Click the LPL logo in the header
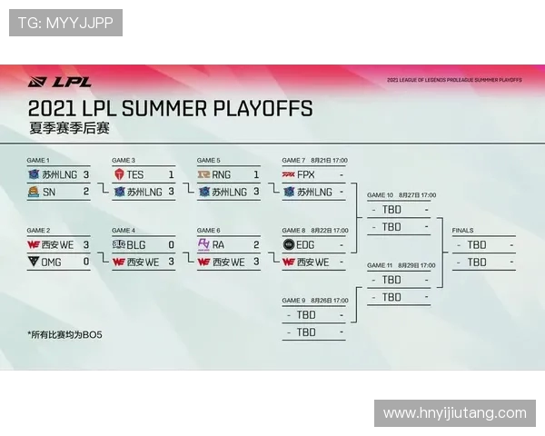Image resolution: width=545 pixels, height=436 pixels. pyautogui.click(x=60, y=81)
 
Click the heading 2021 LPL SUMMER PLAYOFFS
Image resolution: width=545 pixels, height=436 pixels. pyautogui.click(x=170, y=109)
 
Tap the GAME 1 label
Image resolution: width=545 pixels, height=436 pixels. pyautogui.click(x=39, y=160)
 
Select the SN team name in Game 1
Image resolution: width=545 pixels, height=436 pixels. pyautogui.click(x=48, y=192)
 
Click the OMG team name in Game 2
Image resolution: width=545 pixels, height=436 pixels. pyautogui.click(x=53, y=262)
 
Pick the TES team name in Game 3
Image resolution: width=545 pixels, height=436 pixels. pyautogui.click(x=135, y=174)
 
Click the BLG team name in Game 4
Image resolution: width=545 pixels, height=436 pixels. pyautogui.click(x=135, y=244)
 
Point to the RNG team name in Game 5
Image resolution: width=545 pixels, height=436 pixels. pyautogui.click(x=221, y=174)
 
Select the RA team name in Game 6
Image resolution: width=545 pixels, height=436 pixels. pyautogui.click(x=218, y=244)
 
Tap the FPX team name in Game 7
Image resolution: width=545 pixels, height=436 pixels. pyautogui.click(x=306, y=174)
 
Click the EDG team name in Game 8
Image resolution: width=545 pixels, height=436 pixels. pyautogui.click(x=307, y=244)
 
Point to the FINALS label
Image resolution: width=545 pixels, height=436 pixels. pyautogui.click(x=462, y=231)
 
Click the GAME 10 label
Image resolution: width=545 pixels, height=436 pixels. pyautogui.click(x=380, y=195)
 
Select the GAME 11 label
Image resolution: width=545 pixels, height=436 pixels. pyautogui.click(x=380, y=265)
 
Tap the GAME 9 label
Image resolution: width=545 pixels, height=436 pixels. pyautogui.click(x=293, y=301)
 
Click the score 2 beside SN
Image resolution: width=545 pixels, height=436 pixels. pyautogui.click(x=86, y=192)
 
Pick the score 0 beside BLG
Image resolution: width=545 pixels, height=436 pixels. pyautogui.click(x=171, y=244)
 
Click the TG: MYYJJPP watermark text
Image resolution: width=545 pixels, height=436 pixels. pyautogui.click(x=65, y=23)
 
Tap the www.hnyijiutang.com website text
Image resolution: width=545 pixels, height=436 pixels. pyautogui.click(x=455, y=413)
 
